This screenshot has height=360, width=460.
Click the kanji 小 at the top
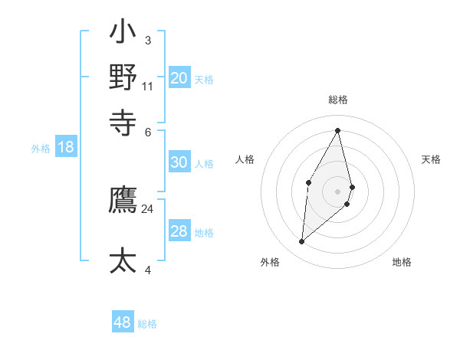pos(123,34)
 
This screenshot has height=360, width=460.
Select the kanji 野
pos(123,77)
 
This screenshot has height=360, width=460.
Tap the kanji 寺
pos(123,121)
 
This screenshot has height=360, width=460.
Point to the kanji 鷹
pos(123,201)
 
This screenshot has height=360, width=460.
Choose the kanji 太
pos(123,260)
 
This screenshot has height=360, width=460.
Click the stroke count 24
pos(148,209)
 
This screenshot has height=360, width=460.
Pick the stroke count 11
pos(148,86)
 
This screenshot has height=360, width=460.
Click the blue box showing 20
pos(179,78)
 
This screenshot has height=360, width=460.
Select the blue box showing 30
pos(179,162)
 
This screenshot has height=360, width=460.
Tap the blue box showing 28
pos(179,232)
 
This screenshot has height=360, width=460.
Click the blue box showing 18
pos(66,148)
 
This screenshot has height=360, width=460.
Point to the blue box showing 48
pos(123,322)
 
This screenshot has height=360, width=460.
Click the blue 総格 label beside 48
pos(147,324)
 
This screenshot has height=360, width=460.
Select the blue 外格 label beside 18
pos(41,149)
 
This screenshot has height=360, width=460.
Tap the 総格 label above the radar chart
pos(338,100)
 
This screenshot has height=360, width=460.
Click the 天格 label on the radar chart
pos(432,159)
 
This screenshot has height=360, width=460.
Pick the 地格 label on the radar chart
pos(402,262)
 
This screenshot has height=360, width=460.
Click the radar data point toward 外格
pos(302,242)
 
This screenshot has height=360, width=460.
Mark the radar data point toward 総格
pos(338,130)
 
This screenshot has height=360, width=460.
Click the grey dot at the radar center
pos(338,191)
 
